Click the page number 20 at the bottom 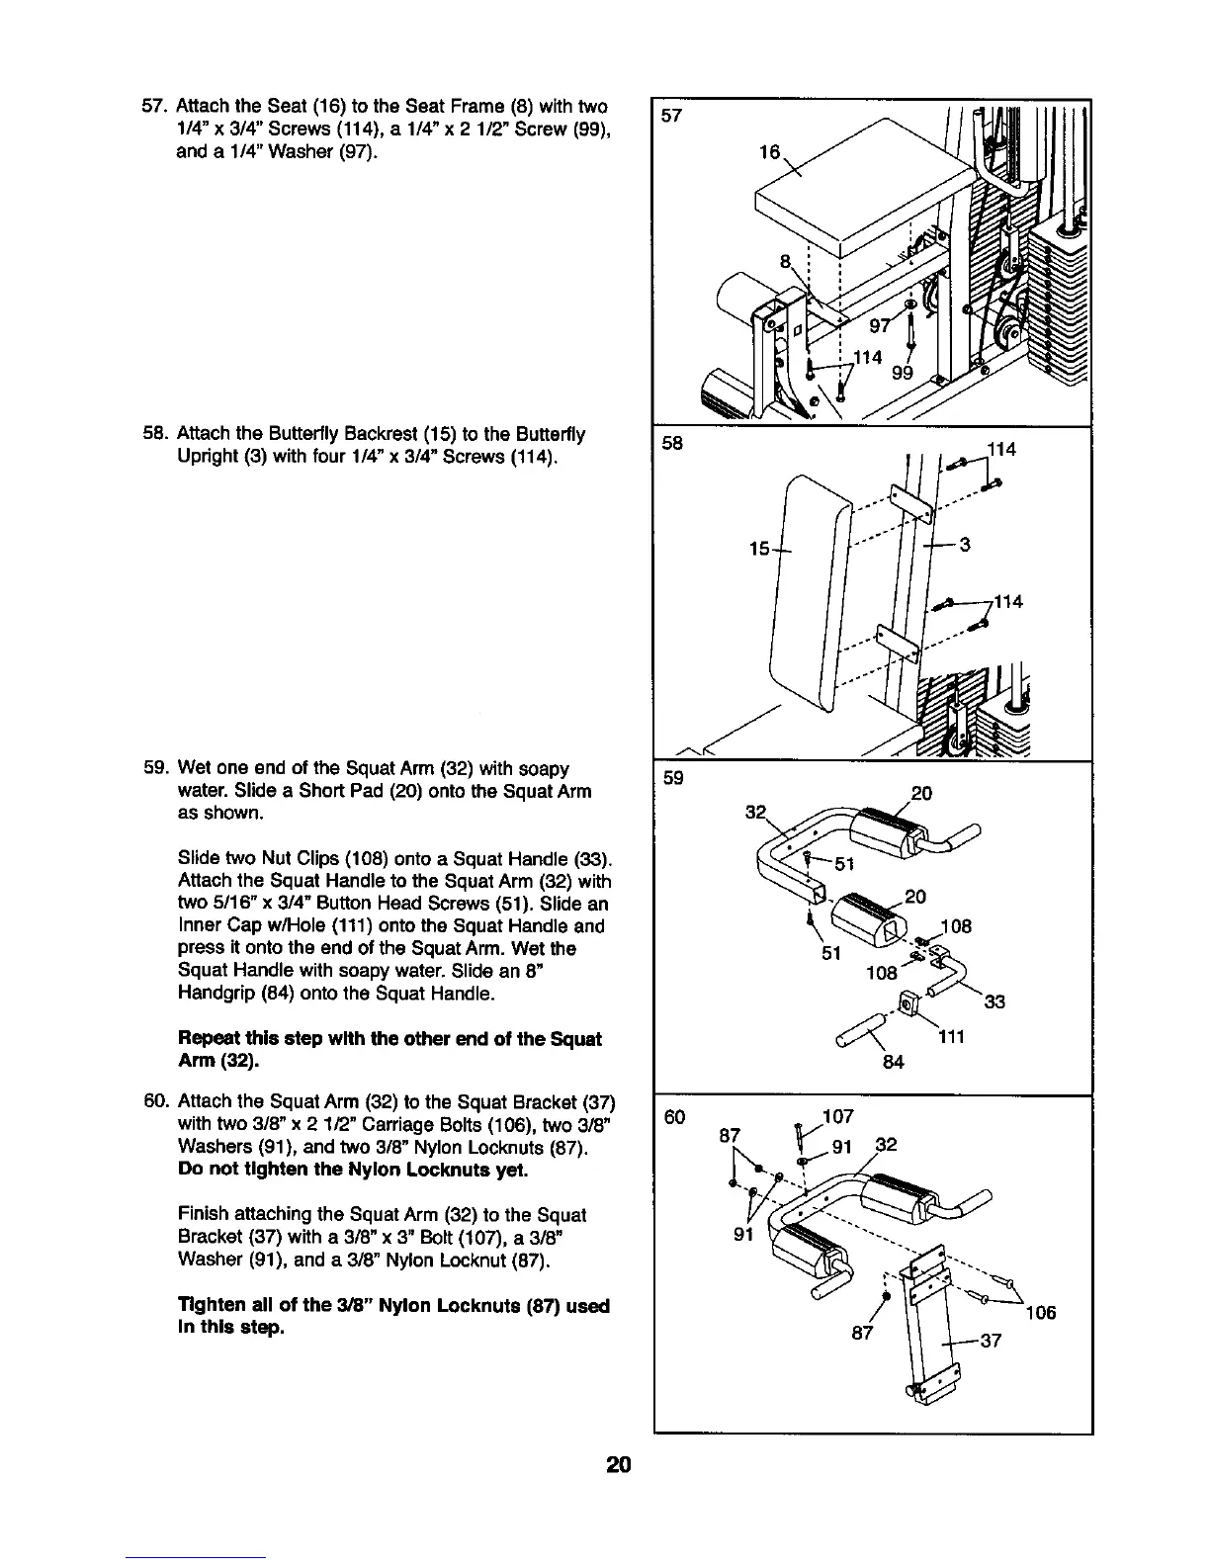(619, 1464)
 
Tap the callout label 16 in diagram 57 (768, 152)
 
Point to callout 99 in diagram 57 (902, 373)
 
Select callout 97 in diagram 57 (880, 326)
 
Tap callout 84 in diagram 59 (893, 1064)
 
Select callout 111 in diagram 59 (950, 1037)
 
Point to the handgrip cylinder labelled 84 (858, 1034)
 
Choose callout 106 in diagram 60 (1040, 1313)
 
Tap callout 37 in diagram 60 (990, 1342)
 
